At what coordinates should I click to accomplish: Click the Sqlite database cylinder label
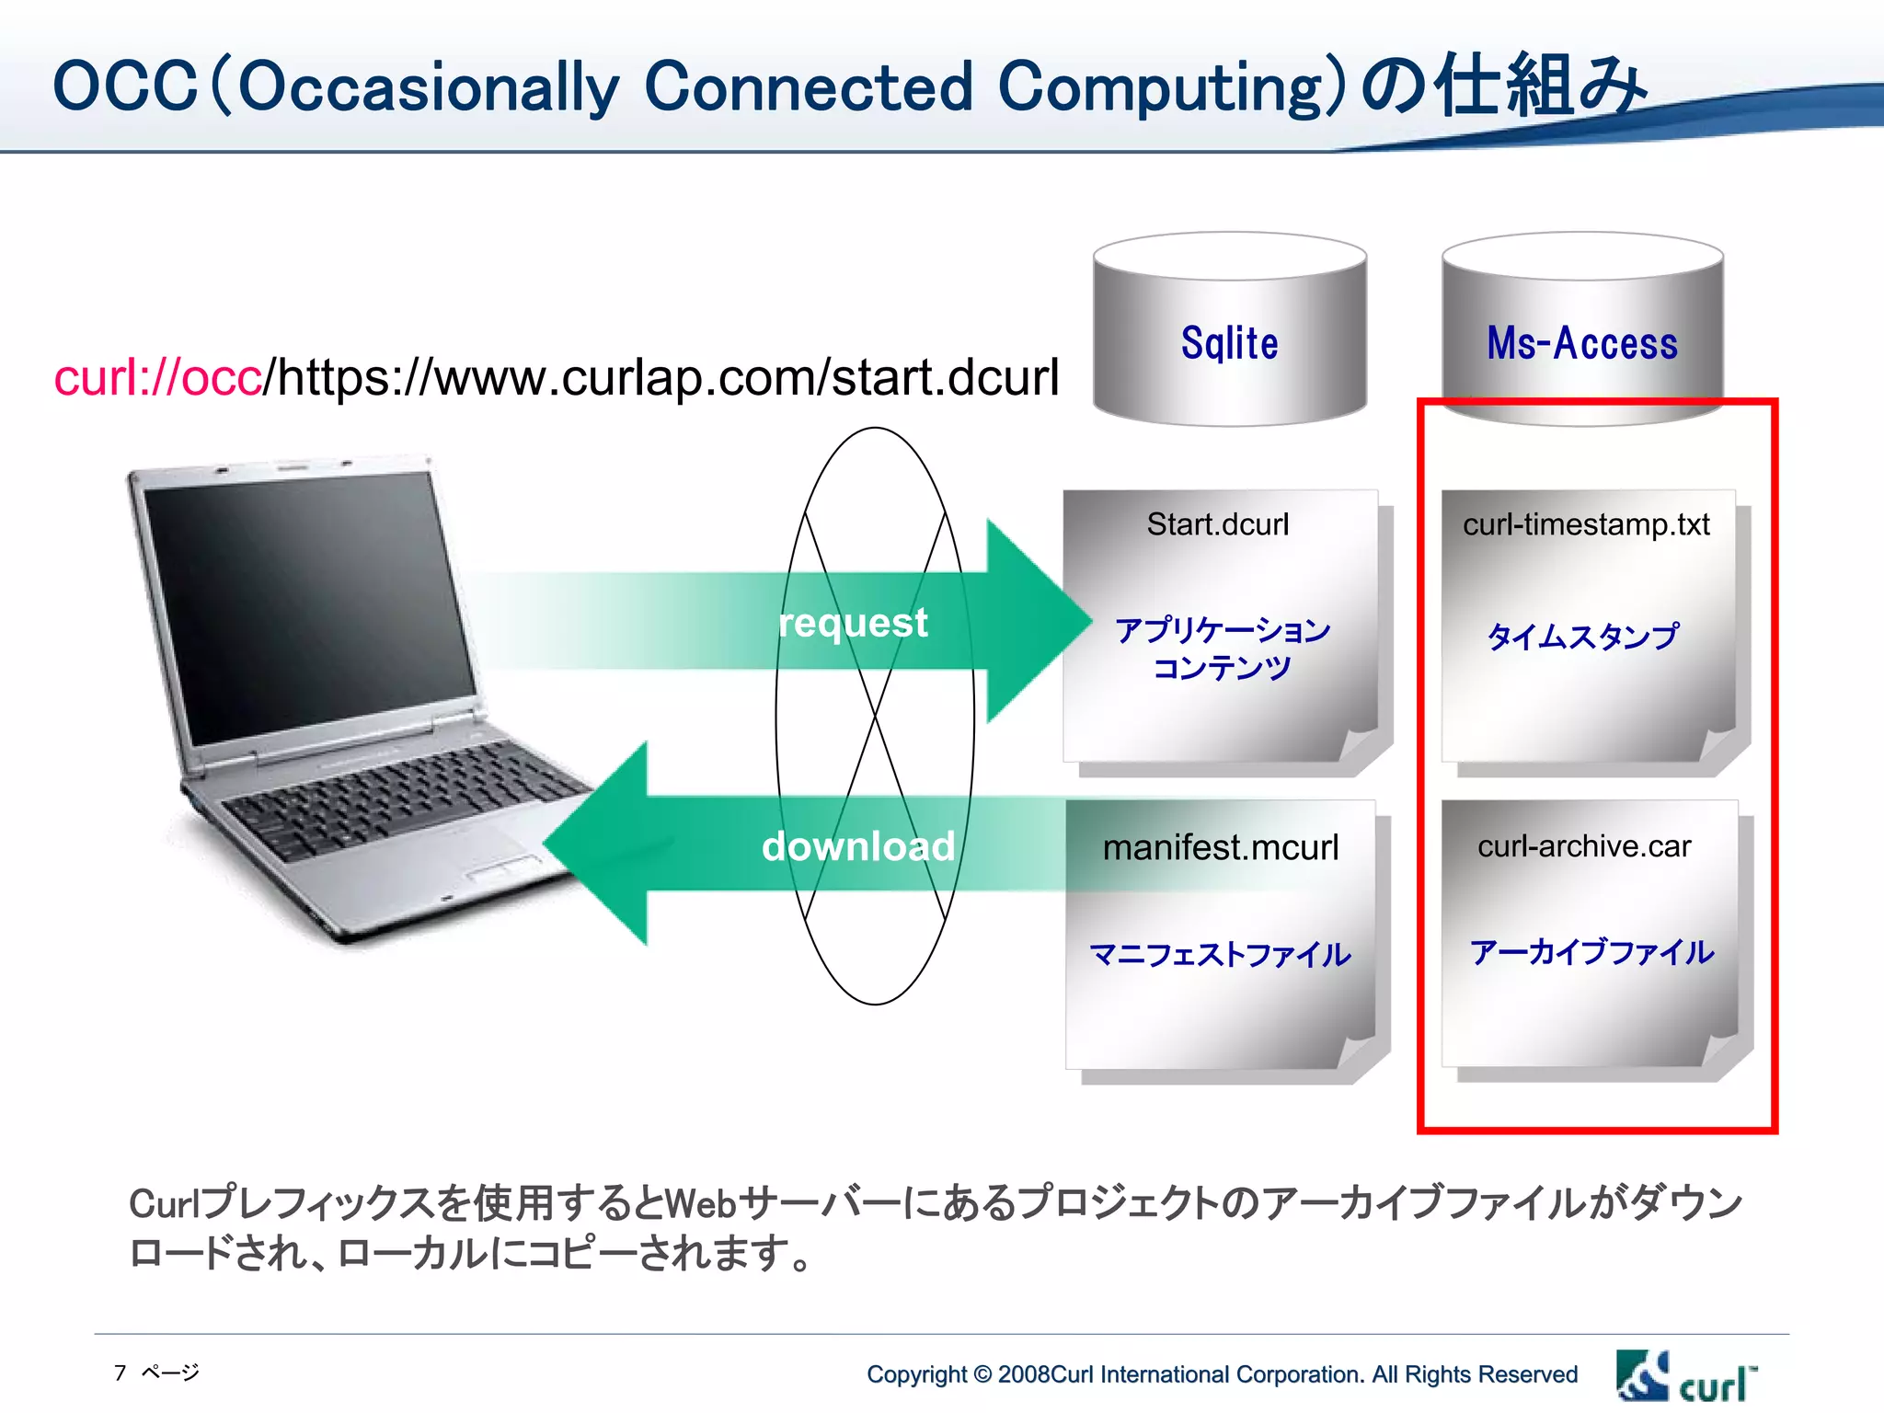[x=1229, y=343]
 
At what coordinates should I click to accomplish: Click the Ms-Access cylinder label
[x=1582, y=343]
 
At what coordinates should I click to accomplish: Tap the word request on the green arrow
[x=853, y=623]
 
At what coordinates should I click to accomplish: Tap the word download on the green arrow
[x=857, y=846]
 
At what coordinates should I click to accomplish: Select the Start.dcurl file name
[x=1218, y=524]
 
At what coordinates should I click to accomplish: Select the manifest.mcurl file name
[x=1221, y=847]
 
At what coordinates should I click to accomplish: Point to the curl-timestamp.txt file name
[x=1586, y=524]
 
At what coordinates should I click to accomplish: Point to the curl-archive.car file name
[x=1584, y=846]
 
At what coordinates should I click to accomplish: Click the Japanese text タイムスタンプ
[x=1582, y=636]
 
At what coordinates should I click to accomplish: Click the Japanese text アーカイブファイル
[x=1591, y=952]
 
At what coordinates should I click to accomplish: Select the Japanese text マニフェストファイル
[x=1220, y=955]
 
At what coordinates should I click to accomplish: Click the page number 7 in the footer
[x=121, y=1373]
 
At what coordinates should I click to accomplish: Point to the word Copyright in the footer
[x=916, y=1374]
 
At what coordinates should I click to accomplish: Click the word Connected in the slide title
[x=808, y=87]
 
